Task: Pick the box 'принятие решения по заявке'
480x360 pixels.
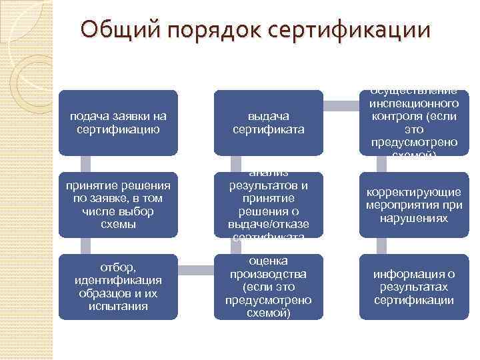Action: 118,204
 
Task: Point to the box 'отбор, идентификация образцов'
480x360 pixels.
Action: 118,285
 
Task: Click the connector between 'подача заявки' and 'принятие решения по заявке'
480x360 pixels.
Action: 84,164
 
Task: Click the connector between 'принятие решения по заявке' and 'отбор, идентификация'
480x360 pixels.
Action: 84,245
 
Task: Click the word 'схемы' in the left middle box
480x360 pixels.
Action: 118,224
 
